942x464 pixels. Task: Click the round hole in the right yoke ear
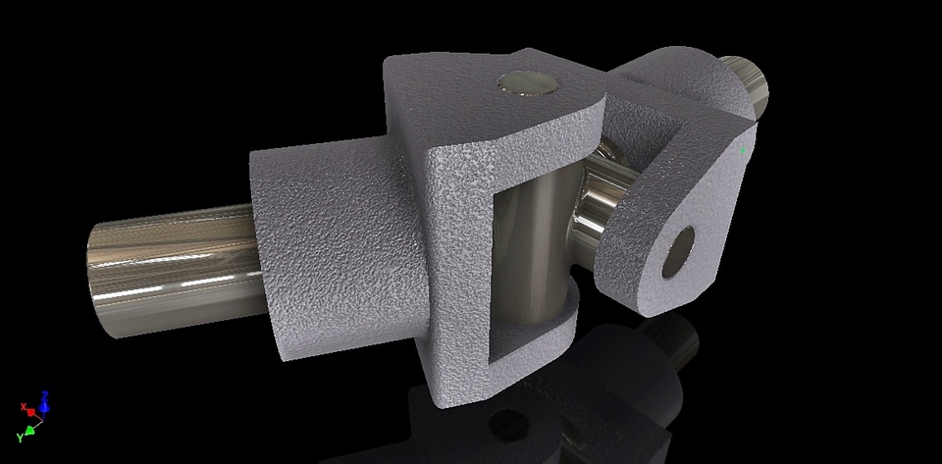coord(679,249)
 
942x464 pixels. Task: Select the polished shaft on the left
coord(177,265)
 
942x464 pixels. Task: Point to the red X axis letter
coord(24,405)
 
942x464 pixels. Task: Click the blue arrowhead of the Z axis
coord(45,404)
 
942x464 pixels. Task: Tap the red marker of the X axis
coord(30,410)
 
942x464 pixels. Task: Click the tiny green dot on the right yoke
coord(744,150)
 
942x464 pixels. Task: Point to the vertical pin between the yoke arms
coord(535,255)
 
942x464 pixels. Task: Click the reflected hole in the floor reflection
coord(510,427)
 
